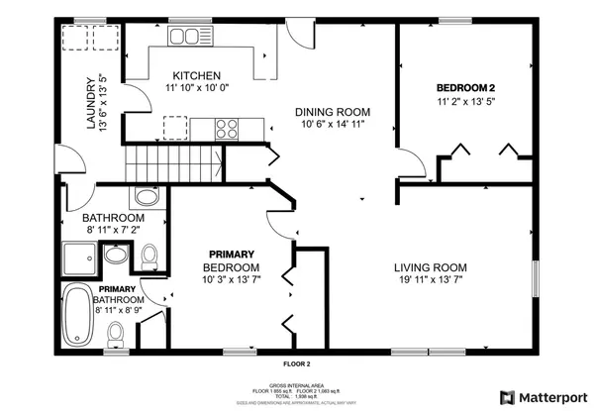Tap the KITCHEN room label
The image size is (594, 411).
tap(196, 76)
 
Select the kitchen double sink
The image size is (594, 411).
tap(183, 37)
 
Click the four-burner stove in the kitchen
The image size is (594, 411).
tap(227, 127)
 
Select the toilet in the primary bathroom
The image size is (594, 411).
tap(116, 334)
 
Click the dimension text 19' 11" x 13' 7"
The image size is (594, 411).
tap(430, 281)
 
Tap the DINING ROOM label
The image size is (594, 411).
tap(333, 111)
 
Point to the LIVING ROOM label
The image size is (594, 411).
tap(430, 267)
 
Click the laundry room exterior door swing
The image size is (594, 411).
tap(66, 162)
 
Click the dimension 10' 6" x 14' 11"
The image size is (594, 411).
tap(333, 125)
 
